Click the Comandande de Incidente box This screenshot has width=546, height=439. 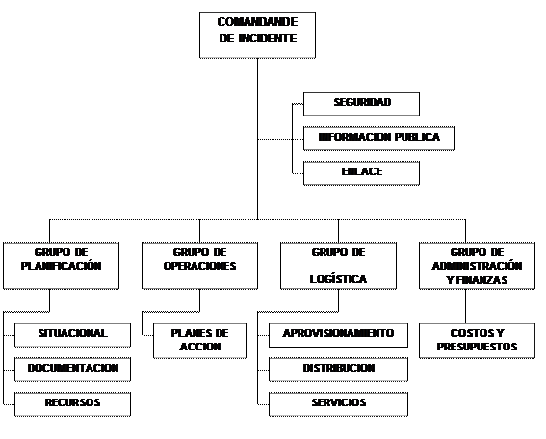[257, 35]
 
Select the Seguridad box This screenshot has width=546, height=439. [361, 104]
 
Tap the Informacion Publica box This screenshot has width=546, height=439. [378, 139]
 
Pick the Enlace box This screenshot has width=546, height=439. [361, 173]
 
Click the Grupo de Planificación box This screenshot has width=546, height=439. [61, 266]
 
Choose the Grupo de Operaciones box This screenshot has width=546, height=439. [199, 266]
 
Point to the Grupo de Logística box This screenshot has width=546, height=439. [338, 266]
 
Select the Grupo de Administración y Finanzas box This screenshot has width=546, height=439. [477, 266]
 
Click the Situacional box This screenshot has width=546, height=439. [72, 335]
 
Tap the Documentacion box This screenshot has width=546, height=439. [72, 370]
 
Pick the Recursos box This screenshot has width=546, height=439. [72, 403]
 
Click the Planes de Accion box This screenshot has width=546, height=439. [199, 341]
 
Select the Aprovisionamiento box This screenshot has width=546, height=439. [338, 335]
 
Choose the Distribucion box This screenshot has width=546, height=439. [338, 370]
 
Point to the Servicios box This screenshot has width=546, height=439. [338, 403]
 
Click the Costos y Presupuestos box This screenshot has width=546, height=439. [477, 341]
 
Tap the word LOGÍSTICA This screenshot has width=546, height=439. [338, 279]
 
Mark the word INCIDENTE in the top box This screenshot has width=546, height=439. [268, 38]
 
